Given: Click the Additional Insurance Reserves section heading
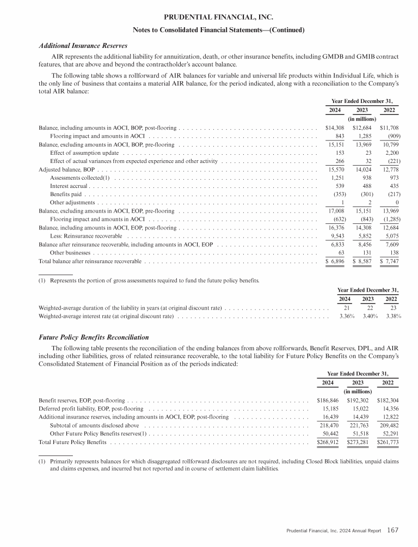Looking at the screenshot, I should pos(83,45).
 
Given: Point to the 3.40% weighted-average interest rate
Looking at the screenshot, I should pos(368,315).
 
